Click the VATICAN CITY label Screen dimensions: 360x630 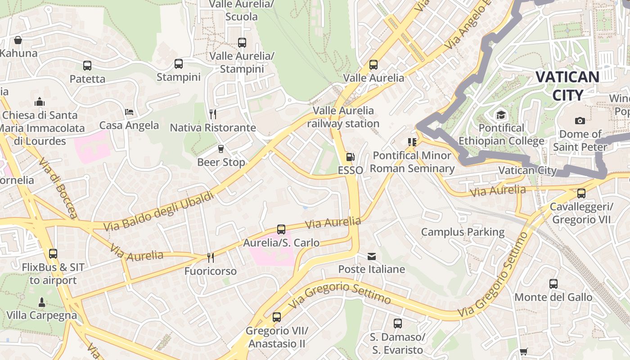(x=567, y=85)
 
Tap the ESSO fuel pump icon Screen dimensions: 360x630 (x=350, y=157)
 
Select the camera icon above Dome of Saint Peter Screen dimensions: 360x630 (x=580, y=121)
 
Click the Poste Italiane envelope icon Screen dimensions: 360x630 (x=372, y=256)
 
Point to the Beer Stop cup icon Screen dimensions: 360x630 (x=221, y=148)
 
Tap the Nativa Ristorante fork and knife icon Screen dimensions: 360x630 (x=213, y=114)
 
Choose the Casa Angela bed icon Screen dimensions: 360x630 (x=129, y=112)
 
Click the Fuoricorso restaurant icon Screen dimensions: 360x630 (x=210, y=257)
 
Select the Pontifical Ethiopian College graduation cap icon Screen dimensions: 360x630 (x=501, y=115)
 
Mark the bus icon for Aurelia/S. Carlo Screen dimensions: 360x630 (x=281, y=229)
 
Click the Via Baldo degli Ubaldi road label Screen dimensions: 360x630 (x=159, y=211)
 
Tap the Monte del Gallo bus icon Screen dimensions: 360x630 (x=553, y=284)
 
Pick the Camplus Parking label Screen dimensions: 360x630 (x=463, y=232)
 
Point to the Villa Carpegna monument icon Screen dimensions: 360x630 (x=42, y=302)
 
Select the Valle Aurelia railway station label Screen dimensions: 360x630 (x=343, y=117)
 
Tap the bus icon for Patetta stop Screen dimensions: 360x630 (x=87, y=66)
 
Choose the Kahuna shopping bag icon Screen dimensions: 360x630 (x=18, y=40)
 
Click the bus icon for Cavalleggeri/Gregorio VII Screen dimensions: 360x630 (x=581, y=193)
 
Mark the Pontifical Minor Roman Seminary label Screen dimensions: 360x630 (x=412, y=162)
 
